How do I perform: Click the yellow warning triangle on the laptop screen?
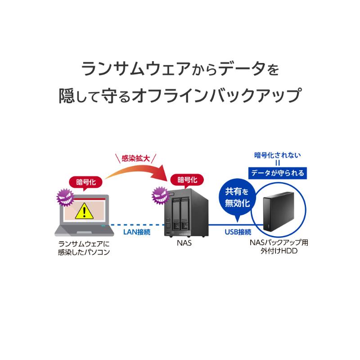[84, 211]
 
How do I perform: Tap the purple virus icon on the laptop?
[65, 197]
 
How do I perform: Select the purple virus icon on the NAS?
[160, 195]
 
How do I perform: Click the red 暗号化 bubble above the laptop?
[86, 183]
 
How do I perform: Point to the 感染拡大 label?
[136, 158]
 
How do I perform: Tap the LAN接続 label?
[137, 232]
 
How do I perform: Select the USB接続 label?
[238, 232]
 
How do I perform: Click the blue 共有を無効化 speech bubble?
[238, 198]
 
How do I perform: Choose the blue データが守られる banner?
[278, 173]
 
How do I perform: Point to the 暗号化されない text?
[278, 155]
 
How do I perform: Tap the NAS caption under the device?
[184, 243]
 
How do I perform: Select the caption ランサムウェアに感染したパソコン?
[84, 248]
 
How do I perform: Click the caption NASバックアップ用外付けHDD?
[279, 247]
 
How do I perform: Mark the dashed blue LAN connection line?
[137, 225]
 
